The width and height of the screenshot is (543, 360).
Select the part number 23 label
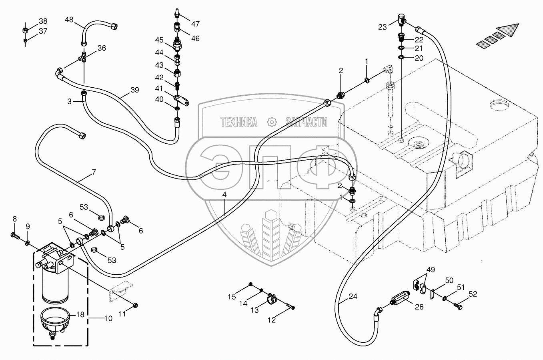pyautogui.click(x=383, y=27)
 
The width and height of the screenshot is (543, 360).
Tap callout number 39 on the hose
pyautogui.click(x=134, y=90)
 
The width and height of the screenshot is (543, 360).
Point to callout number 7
pyautogui.click(x=94, y=173)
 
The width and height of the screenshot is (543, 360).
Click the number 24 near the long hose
pyautogui.click(x=352, y=297)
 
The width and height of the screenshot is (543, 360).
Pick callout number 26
pyautogui.click(x=419, y=307)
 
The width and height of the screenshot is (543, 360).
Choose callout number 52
pyautogui.click(x=473, y=294)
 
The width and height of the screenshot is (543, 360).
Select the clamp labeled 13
pyautogui.click(x=272, y=298)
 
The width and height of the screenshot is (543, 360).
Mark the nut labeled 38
pyautogui.click(x=25, y=30)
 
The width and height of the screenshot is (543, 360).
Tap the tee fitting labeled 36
pyautogui.click(x=84, y=58)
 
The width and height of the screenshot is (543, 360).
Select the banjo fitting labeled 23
pyautogui.click(x=401, y=18)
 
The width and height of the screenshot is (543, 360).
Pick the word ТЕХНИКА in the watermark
pyautogui.click(x=239, y=122)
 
